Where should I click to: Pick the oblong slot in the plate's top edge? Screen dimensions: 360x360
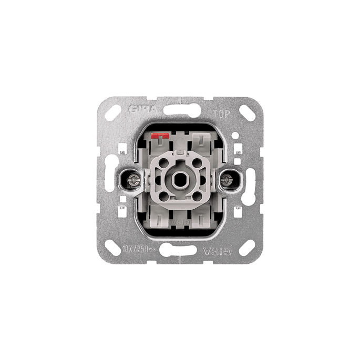click(180, 110)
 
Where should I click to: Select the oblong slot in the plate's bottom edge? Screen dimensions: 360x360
click(180, 250)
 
